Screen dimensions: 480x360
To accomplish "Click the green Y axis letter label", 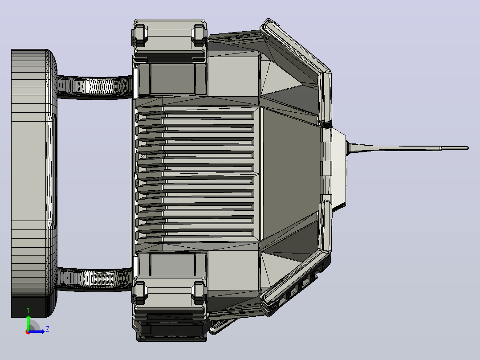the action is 28,310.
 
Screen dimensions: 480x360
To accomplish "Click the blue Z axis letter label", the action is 48,329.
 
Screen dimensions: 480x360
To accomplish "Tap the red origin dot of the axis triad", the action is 28,332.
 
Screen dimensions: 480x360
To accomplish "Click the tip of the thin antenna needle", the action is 468,148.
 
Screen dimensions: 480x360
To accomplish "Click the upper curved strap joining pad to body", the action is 95,87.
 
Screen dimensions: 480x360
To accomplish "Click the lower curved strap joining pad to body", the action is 95,279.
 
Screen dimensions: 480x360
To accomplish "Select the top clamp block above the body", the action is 170,38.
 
